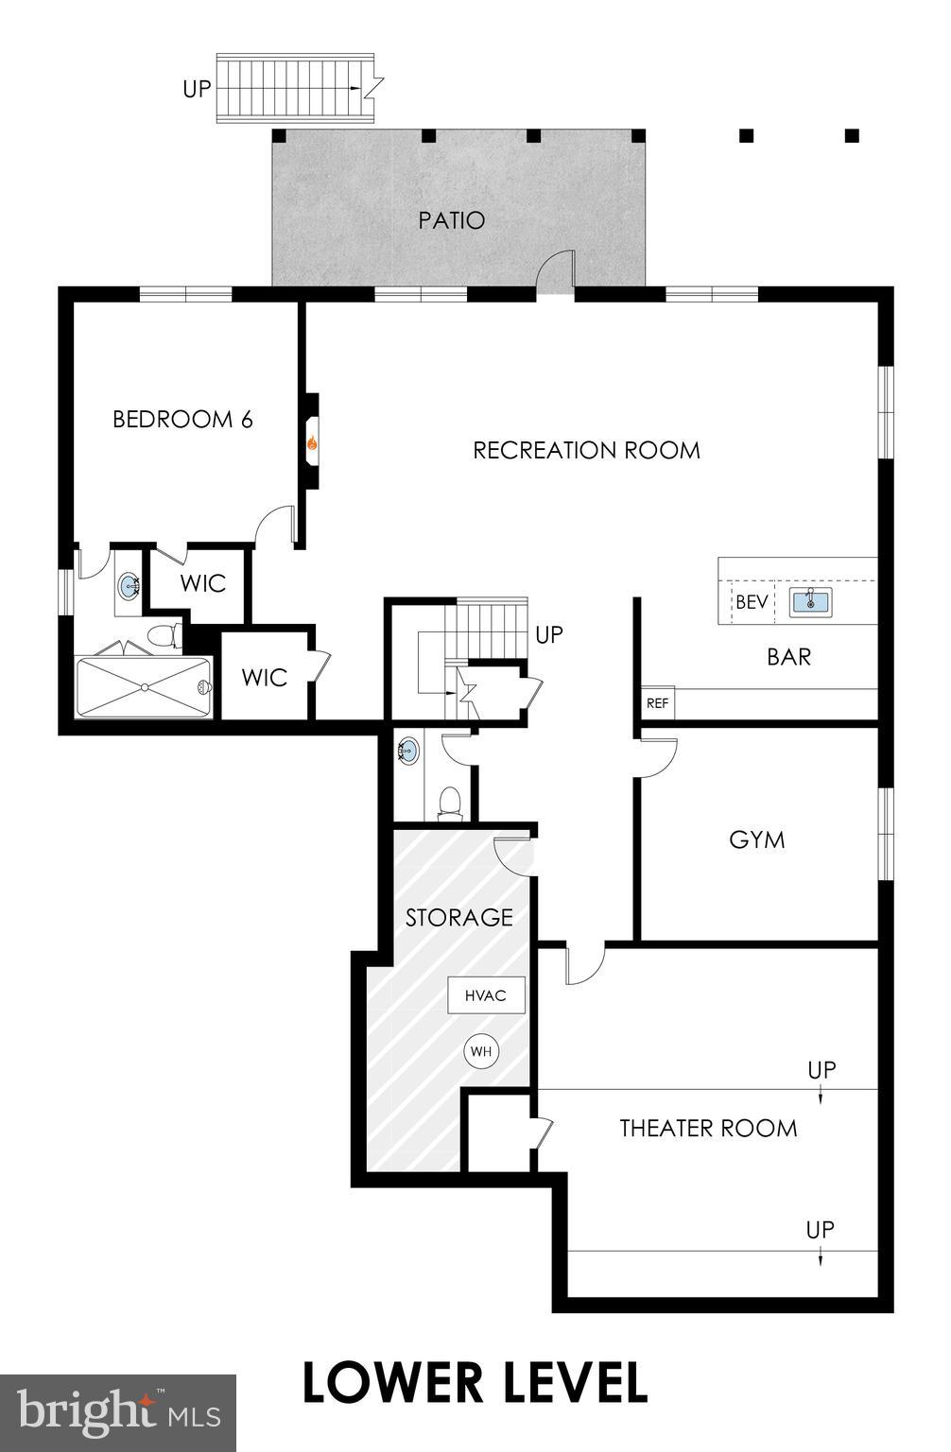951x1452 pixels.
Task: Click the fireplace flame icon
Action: click(x=311, y=441)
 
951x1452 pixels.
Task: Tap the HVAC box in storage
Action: click(x=486, y=995)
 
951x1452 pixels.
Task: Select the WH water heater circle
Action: click(x=480, y=1051)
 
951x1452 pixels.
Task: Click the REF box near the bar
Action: click(x=657, y=703)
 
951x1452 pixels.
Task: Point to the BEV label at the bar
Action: click(x=752, y=602)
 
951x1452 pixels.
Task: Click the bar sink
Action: click(x=810, y=601)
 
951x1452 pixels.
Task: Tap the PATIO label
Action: click(x=452, y=220)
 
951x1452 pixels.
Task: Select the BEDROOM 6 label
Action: click(x=182, y=419)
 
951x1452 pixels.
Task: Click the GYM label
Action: click(x=757, y=839)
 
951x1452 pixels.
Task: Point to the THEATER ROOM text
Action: click(x=708, y=1128)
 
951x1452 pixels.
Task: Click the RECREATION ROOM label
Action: click(x=586, y=450)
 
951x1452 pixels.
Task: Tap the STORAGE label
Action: click(x=459, y=917)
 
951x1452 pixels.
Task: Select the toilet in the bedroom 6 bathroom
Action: click(x=166, y=635)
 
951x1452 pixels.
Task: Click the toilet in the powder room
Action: click(x=451, y=802)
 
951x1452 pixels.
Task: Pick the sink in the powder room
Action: click(x=408, y=752)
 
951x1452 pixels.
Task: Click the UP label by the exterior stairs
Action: click(x=197, y=90)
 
